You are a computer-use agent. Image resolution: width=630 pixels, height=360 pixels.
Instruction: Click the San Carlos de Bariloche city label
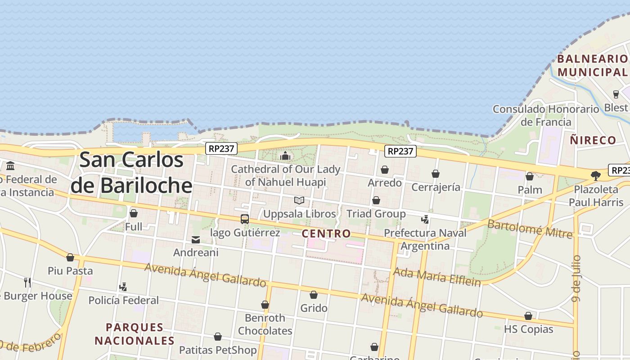click(x=131, y=173)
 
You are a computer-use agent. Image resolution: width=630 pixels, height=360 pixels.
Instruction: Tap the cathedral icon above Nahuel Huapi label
click(x=285, y=156)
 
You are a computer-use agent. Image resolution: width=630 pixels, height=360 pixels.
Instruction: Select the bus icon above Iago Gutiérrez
click(x=245, y=219)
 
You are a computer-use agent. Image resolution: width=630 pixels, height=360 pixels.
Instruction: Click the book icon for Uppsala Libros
click(x=299, y=200)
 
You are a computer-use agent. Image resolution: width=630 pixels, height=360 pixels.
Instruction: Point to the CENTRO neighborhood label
click(x=326, y=234)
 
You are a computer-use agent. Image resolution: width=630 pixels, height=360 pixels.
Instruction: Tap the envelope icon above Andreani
click(x=196, y=240)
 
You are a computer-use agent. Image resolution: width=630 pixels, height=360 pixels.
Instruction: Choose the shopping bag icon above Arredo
click(x=385, y=170)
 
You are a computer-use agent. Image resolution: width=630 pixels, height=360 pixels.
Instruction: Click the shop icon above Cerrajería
click(x=436, y=174)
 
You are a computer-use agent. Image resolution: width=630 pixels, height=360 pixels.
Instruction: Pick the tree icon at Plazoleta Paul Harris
click(x=596, y=175)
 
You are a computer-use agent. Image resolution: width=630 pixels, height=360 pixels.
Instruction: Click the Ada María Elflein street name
click(x=437, y=276)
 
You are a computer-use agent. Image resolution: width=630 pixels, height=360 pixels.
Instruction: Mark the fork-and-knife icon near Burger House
click(x=28, y=283)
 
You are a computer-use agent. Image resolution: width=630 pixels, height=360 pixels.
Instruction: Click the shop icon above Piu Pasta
click(x=70, y=257)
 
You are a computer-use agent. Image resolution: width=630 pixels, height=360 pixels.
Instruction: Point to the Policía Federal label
click(x=123, y=300)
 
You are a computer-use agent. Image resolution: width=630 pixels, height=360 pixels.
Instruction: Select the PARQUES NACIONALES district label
click(x=134, y=333)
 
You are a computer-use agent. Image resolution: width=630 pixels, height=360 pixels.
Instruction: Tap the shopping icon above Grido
click(x=314, y=295)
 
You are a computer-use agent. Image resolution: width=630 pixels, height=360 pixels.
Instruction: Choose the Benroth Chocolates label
click(x=265, y=324)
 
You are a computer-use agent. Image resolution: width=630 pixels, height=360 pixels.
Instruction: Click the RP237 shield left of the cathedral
click(x=221, y=148)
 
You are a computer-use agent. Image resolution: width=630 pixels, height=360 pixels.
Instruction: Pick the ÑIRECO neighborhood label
click(x=593, y=140)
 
